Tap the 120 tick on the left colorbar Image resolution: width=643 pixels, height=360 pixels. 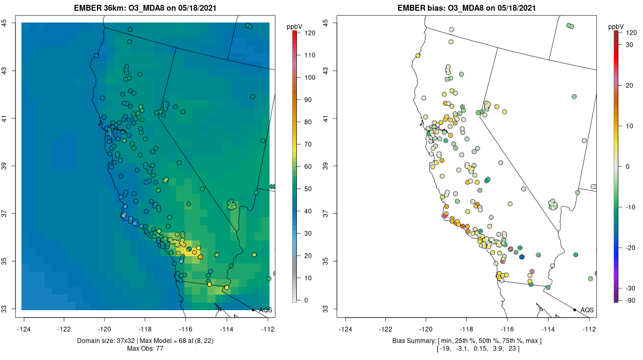click(310, 33)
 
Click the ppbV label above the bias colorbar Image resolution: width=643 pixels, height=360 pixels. click(617, 26)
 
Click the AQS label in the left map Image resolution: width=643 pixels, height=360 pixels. click(265, 310)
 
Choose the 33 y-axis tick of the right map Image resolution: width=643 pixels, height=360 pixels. click(326, 309)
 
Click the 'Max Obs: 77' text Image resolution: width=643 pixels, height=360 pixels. click(145, 349)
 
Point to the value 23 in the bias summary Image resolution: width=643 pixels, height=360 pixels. click(528, 349)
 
